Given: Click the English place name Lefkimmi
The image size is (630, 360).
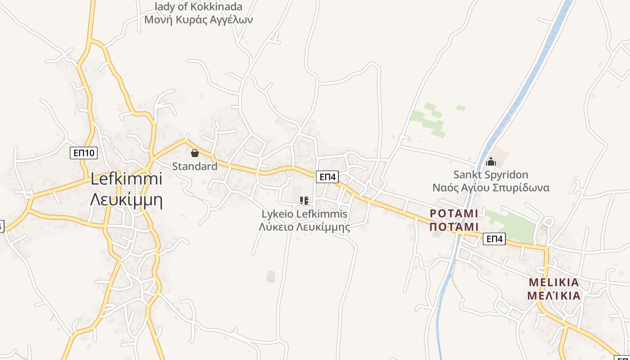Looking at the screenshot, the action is click(126, 179).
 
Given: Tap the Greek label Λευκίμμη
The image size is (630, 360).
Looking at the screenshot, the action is click(126, 199).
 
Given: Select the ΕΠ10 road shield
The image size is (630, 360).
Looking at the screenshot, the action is click(84, 153).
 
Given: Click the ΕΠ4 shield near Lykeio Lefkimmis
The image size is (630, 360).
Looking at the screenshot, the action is click(327, 177).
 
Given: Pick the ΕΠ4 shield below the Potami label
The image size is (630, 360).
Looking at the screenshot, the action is click(494, 239).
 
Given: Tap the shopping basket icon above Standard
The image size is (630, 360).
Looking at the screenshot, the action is click(195, 153).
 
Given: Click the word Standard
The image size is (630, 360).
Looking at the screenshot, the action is click(195, 166).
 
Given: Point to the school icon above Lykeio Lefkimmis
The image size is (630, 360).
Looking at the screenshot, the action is click(304, 200).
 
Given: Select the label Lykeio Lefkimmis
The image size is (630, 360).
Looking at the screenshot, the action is click(305, 214).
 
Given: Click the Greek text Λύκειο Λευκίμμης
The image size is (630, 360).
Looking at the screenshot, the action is click(305, 227).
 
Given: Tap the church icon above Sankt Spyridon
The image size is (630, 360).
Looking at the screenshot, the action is click(491, 161).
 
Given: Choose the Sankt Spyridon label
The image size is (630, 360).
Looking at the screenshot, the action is click(490, 175).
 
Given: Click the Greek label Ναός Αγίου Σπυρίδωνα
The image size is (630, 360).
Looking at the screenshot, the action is click(490, 188).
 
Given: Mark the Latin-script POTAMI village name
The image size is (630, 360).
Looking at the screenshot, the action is click(454, 213).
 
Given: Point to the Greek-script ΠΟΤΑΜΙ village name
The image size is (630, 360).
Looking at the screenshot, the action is click(454, 226).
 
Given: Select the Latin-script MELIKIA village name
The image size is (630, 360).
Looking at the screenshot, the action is click(554, 283).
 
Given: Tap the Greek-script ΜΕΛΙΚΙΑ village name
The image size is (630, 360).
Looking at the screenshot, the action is click(554, 296).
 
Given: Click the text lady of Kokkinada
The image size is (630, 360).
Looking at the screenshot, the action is click(198, 7).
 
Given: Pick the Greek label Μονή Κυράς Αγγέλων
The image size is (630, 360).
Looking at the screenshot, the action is click(198, 20).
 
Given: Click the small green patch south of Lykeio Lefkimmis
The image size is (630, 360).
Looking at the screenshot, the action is click(270, 276).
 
